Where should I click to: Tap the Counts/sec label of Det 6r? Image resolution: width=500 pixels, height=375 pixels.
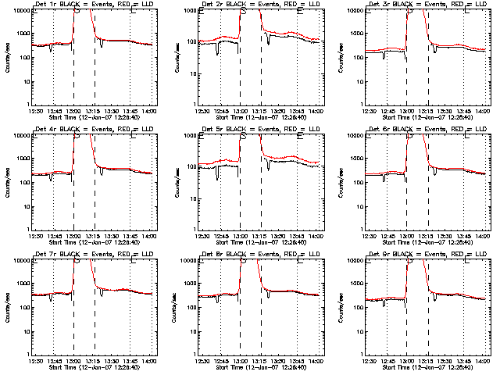coord(340,182)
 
